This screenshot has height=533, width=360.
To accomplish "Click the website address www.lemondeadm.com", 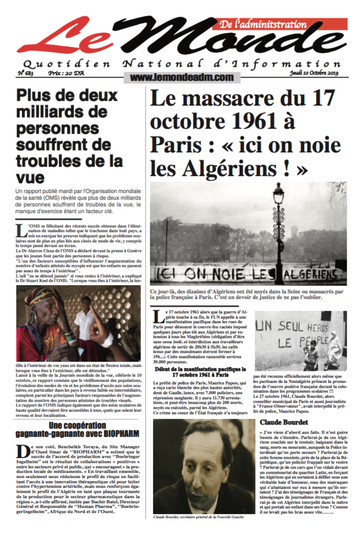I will pyautogui.click(x=174, y=77).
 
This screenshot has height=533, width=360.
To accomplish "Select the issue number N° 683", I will pyautogui.click(x=25, y=73).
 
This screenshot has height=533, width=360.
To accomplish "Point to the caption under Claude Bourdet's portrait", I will pyautogui.click(x=204, y=517).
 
